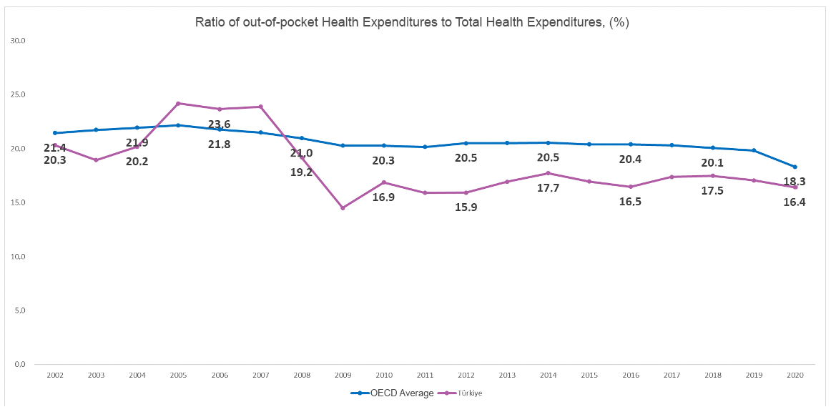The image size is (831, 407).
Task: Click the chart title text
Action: tap(412, 22)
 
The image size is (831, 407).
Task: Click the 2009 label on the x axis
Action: tap(343, 375)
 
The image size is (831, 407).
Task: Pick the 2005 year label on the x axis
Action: tap(178, 375)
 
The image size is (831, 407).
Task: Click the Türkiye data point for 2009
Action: tap(343, 208)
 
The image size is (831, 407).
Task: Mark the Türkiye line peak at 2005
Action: tap(178, 103)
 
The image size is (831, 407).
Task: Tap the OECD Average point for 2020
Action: tap(795, 167)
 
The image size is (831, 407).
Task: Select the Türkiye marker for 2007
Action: tap(260, 107)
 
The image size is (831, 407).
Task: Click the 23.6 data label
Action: tap(219, 124)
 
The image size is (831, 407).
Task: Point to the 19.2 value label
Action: tap(301, 172)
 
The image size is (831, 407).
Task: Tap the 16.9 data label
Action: tap(383, 197)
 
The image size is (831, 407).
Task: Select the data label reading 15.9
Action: tap(466, 207)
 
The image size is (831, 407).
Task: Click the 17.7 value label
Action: tap(548, 188)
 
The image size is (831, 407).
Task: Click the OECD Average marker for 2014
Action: tap(548, 143)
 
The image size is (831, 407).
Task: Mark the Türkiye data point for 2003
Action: tap(96, 160)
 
